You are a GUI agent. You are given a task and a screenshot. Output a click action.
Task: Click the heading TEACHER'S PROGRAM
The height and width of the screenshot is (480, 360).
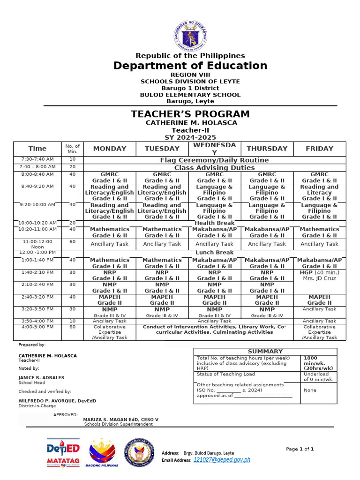point(190,114)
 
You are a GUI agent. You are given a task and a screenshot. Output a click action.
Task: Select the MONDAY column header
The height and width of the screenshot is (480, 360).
point(110,149)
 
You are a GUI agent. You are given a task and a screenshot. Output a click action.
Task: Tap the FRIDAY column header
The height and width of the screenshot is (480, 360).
point(319,149)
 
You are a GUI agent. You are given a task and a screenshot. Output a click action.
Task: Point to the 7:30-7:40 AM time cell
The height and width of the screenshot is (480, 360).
point(37,160)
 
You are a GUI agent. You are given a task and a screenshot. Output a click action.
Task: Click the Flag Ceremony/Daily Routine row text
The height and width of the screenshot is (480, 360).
point(214,160)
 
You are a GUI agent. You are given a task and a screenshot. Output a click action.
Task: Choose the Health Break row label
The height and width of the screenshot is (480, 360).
point(214,223)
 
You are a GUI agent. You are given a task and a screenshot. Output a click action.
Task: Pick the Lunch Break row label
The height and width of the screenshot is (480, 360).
point(214,253)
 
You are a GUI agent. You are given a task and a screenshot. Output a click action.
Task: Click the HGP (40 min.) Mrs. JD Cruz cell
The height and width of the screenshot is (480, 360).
point(319,276)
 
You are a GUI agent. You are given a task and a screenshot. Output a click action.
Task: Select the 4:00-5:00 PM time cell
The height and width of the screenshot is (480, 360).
point(37,327)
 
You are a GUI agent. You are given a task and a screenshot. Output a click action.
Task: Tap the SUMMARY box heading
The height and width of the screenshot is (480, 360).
point(265,352)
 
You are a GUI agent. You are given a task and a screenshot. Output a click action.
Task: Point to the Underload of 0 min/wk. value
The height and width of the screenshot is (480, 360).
point(319,376)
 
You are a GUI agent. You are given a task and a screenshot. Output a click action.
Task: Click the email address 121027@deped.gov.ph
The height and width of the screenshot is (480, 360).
point(222,460)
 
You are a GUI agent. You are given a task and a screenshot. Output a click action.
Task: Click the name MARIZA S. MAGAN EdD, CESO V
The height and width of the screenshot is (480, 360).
point(120,420)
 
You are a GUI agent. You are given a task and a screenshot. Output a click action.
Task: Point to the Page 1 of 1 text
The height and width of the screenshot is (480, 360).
point(300,449)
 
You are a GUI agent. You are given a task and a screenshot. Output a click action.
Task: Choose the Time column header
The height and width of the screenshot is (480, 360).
point(37,149)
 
